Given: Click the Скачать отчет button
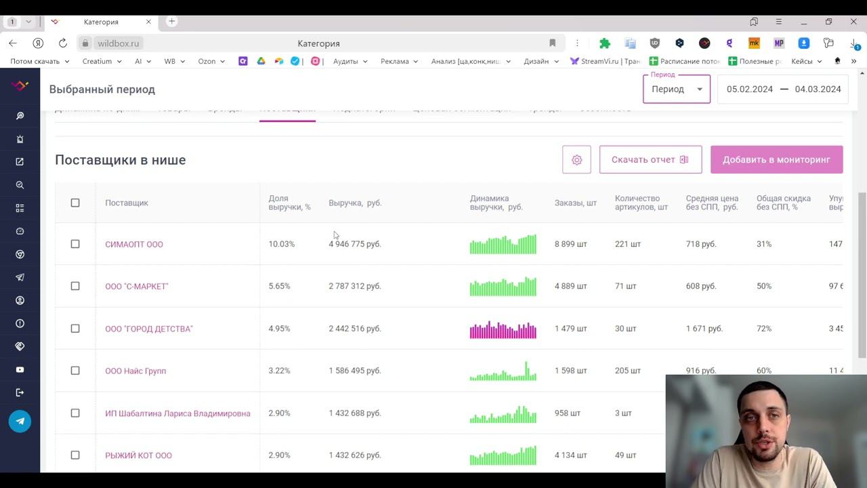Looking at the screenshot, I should [x=650, y=160].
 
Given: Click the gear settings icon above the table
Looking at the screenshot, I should [x=576, y=160].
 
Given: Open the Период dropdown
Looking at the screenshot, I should [x=676, y=89].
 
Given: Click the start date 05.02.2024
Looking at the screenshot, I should [x=749, y=89].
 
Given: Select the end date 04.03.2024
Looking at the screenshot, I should [x=818, y=89].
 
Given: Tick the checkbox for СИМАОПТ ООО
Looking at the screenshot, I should [x=75, y=244].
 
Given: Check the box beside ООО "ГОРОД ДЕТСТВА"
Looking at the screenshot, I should [x=75, y=329].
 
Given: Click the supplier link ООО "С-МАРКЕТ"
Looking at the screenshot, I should [x=137, y=287].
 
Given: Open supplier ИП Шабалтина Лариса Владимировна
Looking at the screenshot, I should [x=177, y=413].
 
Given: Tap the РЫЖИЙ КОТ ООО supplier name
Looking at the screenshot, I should [x=138, y=455].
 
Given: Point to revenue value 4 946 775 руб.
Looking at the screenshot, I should [x=355, y=244].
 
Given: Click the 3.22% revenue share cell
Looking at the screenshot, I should [x=279, y=371].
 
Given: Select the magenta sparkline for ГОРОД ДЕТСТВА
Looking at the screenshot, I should [x=503, y=329].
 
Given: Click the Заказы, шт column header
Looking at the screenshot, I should [x=575, y=203].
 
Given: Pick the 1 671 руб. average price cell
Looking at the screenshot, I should [x=704, y=329].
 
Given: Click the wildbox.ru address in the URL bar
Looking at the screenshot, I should [x=118, y=43].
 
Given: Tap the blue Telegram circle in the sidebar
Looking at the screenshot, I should [x=20, y=421].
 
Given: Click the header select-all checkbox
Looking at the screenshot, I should [x=75, y=203].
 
